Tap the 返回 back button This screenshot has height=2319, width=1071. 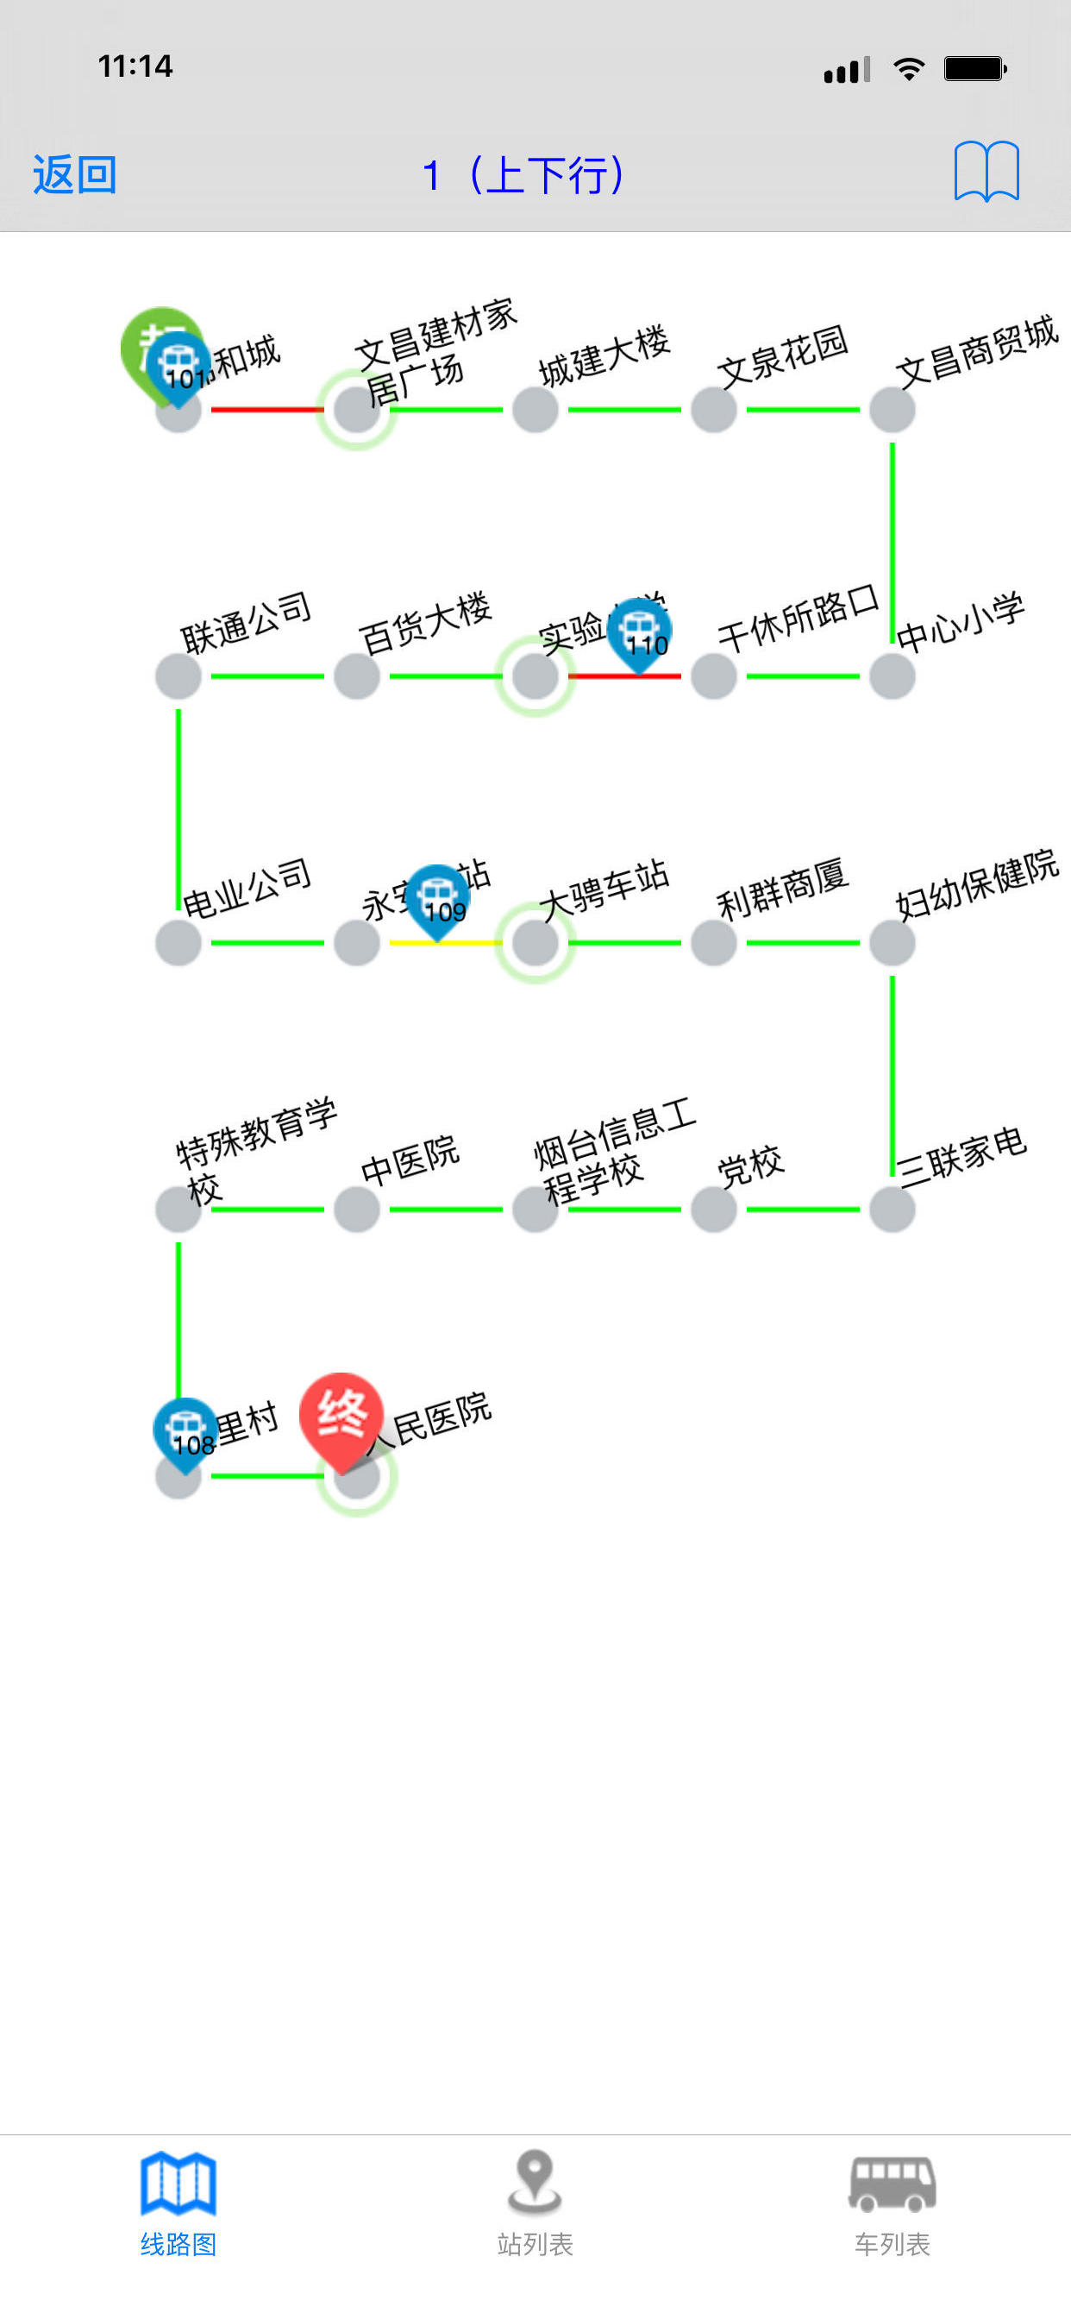pyautogui.click(x=75, y=173)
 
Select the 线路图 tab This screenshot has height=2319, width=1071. pyautogui.click(x=178, y=2201)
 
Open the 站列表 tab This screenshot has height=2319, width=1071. pyautogui.click(x=535, y=2201)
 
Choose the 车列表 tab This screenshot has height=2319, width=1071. pyautogui.click(x=892, y=2201)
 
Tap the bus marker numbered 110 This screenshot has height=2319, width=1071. pyautogui.click(x=639, y=634)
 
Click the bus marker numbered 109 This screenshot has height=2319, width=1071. pyautogui.click(x=438, y=899)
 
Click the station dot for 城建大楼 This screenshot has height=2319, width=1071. pyautogui.click(x=535, y=410)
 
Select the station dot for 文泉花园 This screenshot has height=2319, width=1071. pyautogui.click(x=714, y=410)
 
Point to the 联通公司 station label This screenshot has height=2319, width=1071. pyautogui.click(x=246, y=622)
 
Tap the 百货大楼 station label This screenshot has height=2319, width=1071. pyautogui.click(x=425, y=622)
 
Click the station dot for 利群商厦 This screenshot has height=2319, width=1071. pyautogui.click(x=714, y=943)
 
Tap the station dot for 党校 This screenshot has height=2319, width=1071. pyautogui.click(x=714, y=1209)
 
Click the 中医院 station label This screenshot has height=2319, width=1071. pyautogui.click(x=410, y=1159)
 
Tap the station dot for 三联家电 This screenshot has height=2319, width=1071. pyautogui.click(x=892, y=1209)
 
